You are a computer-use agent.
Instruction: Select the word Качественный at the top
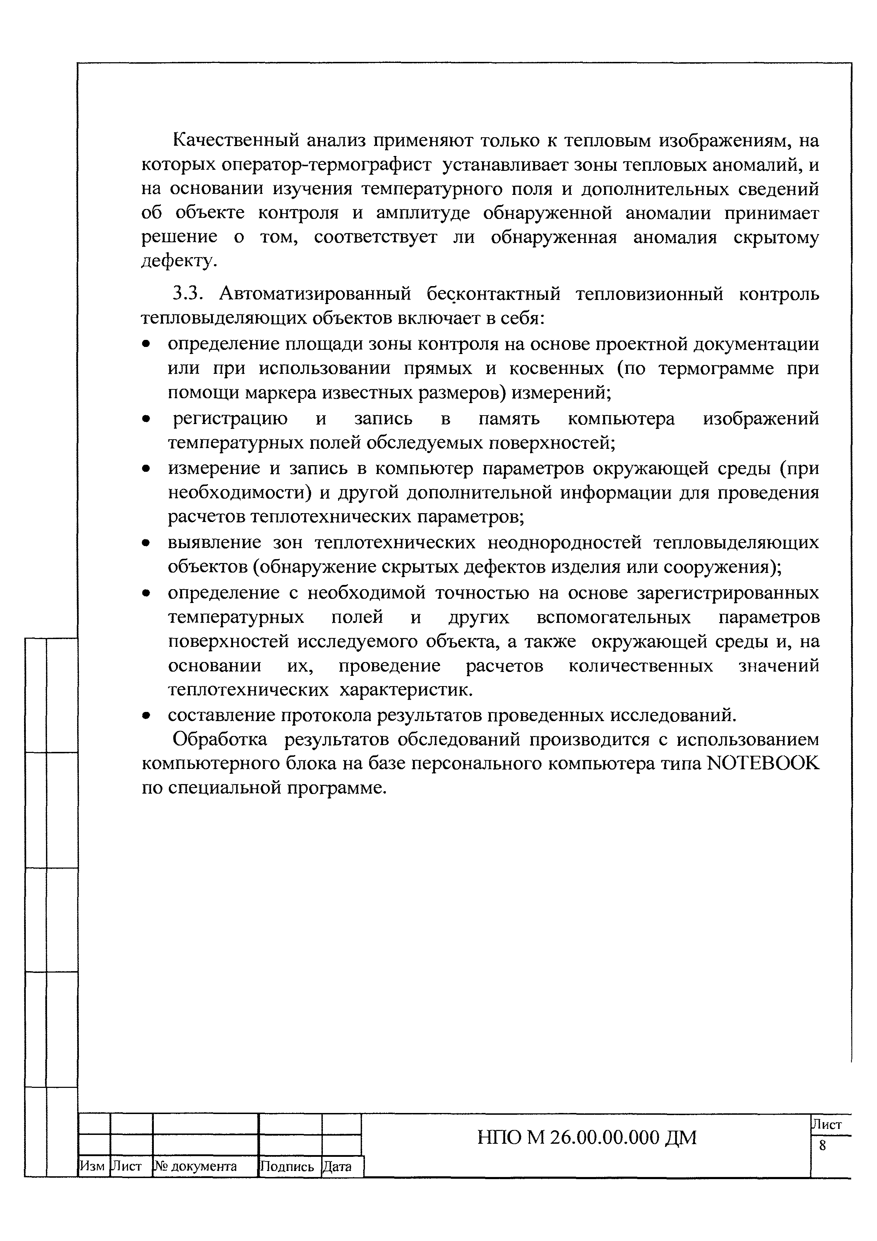coord(236,140)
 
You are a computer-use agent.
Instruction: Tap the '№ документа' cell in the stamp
coord(196,1166)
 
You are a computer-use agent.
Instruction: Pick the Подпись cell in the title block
coord(288,1166)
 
